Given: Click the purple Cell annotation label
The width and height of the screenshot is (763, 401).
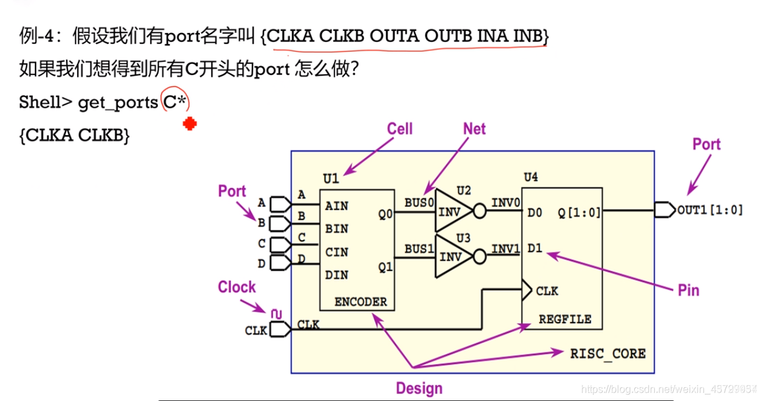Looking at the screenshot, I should [399, 128].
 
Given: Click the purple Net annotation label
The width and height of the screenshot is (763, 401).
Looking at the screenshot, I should [474, 129].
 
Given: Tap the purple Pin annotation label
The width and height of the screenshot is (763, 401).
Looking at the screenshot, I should [688, 290].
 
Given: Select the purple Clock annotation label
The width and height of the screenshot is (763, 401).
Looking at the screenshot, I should [236, 287].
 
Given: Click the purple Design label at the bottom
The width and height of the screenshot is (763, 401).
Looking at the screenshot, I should [419, 388].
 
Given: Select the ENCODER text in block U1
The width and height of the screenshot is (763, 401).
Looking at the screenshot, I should [360, 301].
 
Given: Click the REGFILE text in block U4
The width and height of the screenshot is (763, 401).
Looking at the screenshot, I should [565, 319].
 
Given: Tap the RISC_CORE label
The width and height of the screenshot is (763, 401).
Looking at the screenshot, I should [608, 353].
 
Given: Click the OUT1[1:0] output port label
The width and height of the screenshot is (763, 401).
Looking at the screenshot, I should [710, 210].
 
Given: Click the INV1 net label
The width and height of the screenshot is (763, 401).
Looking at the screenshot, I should [505, 248].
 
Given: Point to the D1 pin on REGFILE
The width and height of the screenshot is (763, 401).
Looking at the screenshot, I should [535, 248].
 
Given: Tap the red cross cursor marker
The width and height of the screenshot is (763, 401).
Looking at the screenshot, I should [189, 124].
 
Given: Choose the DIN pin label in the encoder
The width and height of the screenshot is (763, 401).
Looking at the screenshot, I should [337, 275].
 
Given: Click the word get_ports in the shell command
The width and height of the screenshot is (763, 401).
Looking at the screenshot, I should [117, 102].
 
